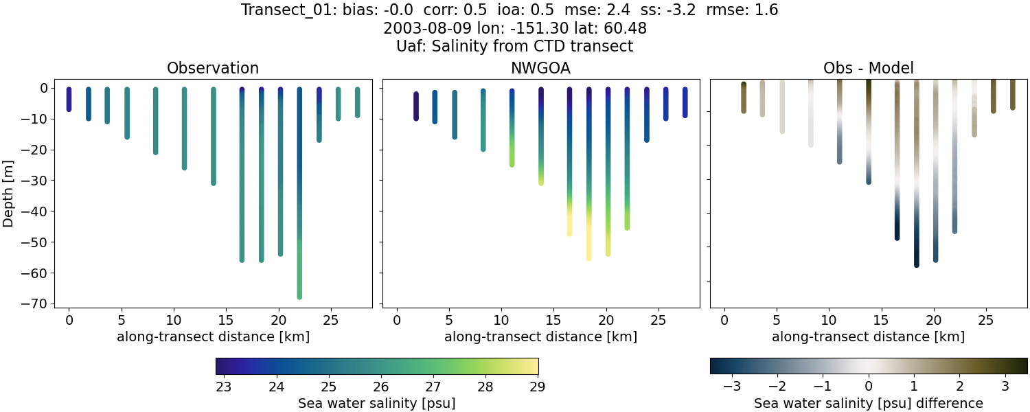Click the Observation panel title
[213, 69]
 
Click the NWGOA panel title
[540, 69]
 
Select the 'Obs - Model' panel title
[868, 69]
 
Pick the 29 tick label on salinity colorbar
[538, 386]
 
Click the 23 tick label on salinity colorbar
[222, 386]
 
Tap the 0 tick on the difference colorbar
[869, 386]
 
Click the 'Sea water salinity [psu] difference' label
[868, 403]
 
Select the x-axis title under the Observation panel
[213, 337]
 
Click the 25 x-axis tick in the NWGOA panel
[659, 320]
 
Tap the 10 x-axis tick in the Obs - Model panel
[829, 320]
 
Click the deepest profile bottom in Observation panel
[299, 296]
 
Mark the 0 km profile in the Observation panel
[69, 100]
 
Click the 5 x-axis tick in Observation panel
[121, 320]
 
